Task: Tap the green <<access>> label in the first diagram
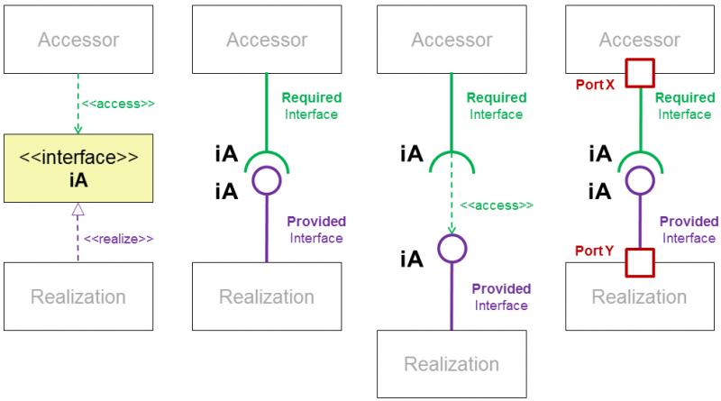coord(118,104)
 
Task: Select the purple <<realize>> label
coord(118,239)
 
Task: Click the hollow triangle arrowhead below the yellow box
coord(78,212)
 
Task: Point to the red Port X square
coord(640,72)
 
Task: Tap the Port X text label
coord(596,84)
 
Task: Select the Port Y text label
coord(596,251)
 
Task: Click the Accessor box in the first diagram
coord(78,40)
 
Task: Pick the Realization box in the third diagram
coord(452,364)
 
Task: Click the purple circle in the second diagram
coord(267,181)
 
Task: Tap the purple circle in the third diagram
coord(452,249)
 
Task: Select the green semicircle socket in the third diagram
coord(452,161)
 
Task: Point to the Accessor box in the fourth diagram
coord(640,40)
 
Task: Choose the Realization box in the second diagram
coord(267,296)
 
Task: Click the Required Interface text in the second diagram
coord(313,105)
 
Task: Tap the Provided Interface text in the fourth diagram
coord(689,230)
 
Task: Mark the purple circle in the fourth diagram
coord(640,181)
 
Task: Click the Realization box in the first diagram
coord(78,296)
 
